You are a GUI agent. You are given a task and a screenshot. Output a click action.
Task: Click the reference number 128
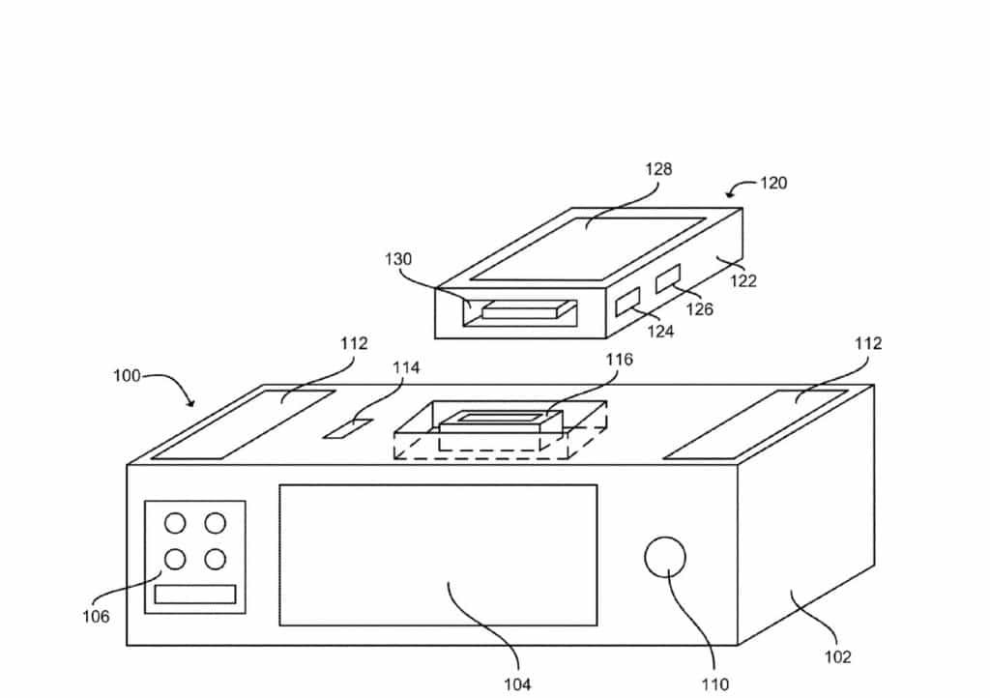pyautogui.click(x=659, y=169)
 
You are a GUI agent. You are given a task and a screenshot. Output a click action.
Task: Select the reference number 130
pyautogui.click(x=397, y=259)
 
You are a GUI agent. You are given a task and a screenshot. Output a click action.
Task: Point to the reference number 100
pyautogui.click(x=127, y=375)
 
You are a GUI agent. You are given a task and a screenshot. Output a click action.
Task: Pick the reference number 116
pyautogui.click(x=619, y=360)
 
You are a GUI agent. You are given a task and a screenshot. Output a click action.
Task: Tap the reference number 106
pyautogui.click(x=96, y=616)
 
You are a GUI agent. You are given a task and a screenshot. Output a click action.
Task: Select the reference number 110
pyautogui.click(x=715, y=684)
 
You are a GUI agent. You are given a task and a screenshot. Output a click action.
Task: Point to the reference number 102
pyautogui.click(x=837, y=657)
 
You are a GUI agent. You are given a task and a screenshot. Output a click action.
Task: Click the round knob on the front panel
pyautogui.click(x=665, y=559)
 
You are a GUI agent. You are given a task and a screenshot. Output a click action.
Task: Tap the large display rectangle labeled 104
pyautogui.click(x=438, y=554)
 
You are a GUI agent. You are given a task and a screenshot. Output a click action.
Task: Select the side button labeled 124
pyautogui.click(x=627, y=303)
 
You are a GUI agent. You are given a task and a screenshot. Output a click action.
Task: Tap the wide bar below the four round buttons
pyautogui.click(x=195, y=595)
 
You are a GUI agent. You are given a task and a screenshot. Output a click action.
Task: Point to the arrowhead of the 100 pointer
pyautogui.click(x=194, y=404)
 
